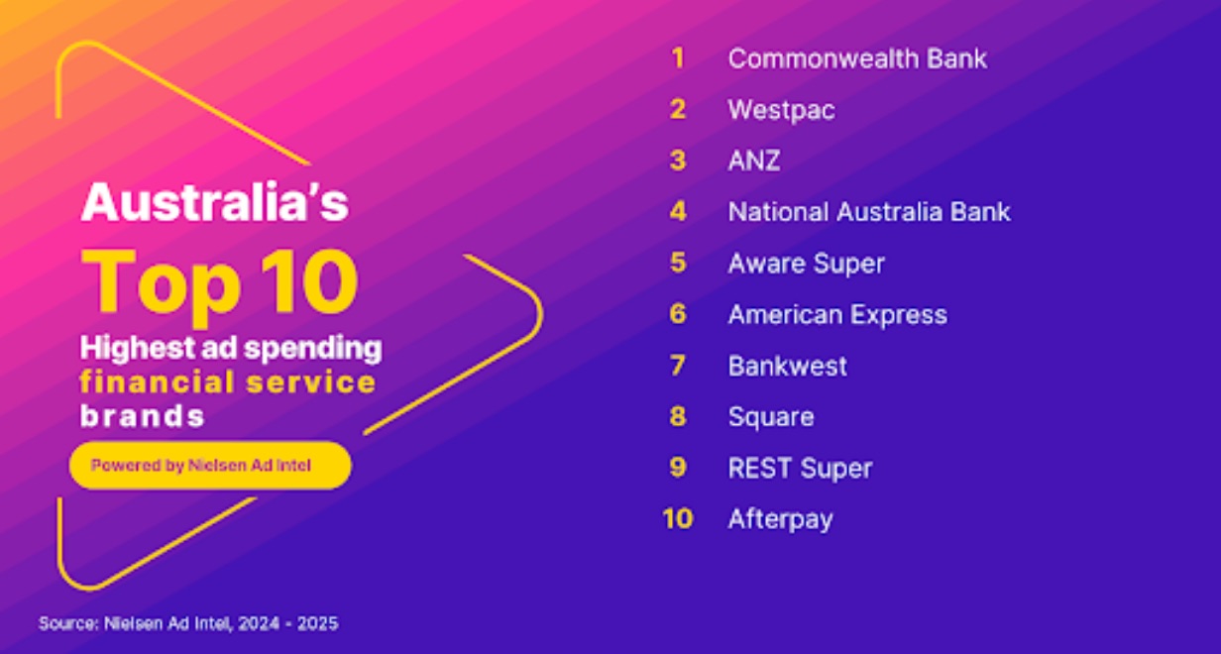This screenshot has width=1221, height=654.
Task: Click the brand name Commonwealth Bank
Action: [x=857, y=58]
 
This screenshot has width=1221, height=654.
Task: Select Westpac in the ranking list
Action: [x=781, y=110]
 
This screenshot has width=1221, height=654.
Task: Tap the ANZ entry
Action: [x=754, y=161]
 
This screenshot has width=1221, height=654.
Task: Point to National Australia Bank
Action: [x=869, y=211]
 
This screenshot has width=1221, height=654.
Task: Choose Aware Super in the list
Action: [x=806, y=264]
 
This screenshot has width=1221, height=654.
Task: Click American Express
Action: [x=837, y=315]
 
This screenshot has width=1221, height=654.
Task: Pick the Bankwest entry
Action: [x=788, y=365]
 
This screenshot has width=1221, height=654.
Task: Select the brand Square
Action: [x=771, y=417]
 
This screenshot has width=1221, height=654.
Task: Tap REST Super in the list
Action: [x=800, y=468]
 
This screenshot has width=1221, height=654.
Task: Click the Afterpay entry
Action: [x=781, y=519]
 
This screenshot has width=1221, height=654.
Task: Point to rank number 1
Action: [x=678, y=57]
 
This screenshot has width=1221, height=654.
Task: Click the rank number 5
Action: [x=678, y=263]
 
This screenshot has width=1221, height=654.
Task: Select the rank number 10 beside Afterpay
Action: [x=678, y=518]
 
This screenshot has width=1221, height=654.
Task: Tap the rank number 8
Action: [x=678, y=416]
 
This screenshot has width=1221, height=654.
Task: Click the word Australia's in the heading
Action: [x=215, y=202]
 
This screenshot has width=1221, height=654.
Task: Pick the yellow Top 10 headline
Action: [x=220, y=283]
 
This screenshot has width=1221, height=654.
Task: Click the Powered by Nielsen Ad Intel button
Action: [x=210, y=466]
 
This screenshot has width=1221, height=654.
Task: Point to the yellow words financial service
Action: [x=228, y=381]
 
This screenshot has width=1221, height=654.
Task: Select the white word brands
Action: [x=143, y=416]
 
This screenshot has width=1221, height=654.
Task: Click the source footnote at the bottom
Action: [x=188, y=623]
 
